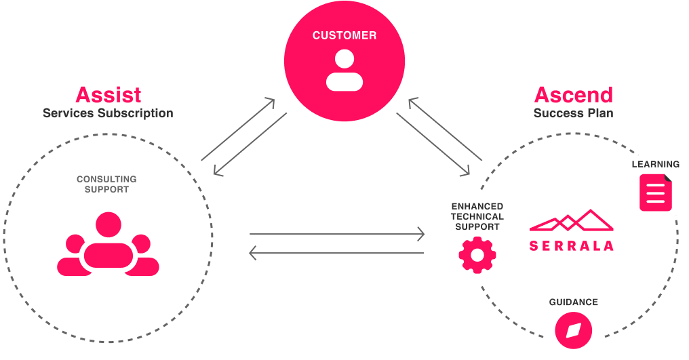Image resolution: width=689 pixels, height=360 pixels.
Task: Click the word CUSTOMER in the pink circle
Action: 344,35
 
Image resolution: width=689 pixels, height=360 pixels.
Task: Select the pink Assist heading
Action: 109,94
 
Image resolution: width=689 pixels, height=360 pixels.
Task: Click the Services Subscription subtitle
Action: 108,113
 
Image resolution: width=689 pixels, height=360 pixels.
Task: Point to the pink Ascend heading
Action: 573,94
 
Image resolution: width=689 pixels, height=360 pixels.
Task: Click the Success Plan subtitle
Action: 573,113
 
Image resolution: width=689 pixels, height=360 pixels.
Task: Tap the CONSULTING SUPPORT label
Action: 106,184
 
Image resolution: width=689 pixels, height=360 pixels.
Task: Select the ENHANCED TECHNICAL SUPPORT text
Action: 477,216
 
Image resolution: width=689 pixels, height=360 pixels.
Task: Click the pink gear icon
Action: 477,255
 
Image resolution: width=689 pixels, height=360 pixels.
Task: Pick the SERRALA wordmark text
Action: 571,245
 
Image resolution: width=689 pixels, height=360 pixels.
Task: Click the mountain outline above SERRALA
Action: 571,221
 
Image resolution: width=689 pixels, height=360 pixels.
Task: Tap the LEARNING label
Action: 655,165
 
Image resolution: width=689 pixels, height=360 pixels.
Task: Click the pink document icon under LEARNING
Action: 655,193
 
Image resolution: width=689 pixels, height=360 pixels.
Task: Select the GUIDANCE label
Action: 574,302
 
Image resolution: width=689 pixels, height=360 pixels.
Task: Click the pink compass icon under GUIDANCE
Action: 574,331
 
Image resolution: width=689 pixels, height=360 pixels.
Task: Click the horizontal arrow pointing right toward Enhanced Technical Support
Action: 337,235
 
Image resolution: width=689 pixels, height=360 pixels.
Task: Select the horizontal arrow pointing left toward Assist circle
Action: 337,254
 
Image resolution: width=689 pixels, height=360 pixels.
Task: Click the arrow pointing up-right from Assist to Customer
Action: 238,129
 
